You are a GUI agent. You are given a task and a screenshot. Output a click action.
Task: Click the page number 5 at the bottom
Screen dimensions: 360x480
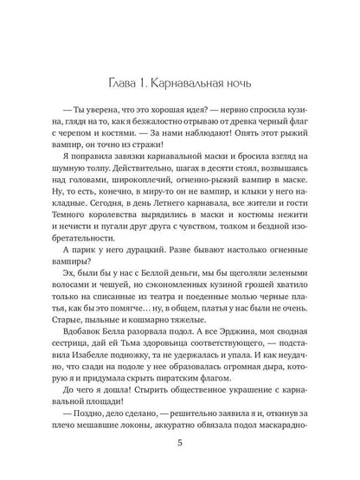(179, 444)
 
